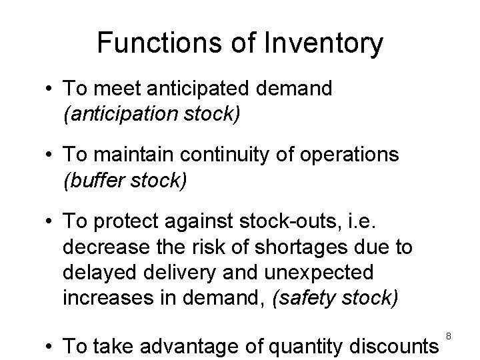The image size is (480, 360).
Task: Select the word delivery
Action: tap(177, 272)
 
